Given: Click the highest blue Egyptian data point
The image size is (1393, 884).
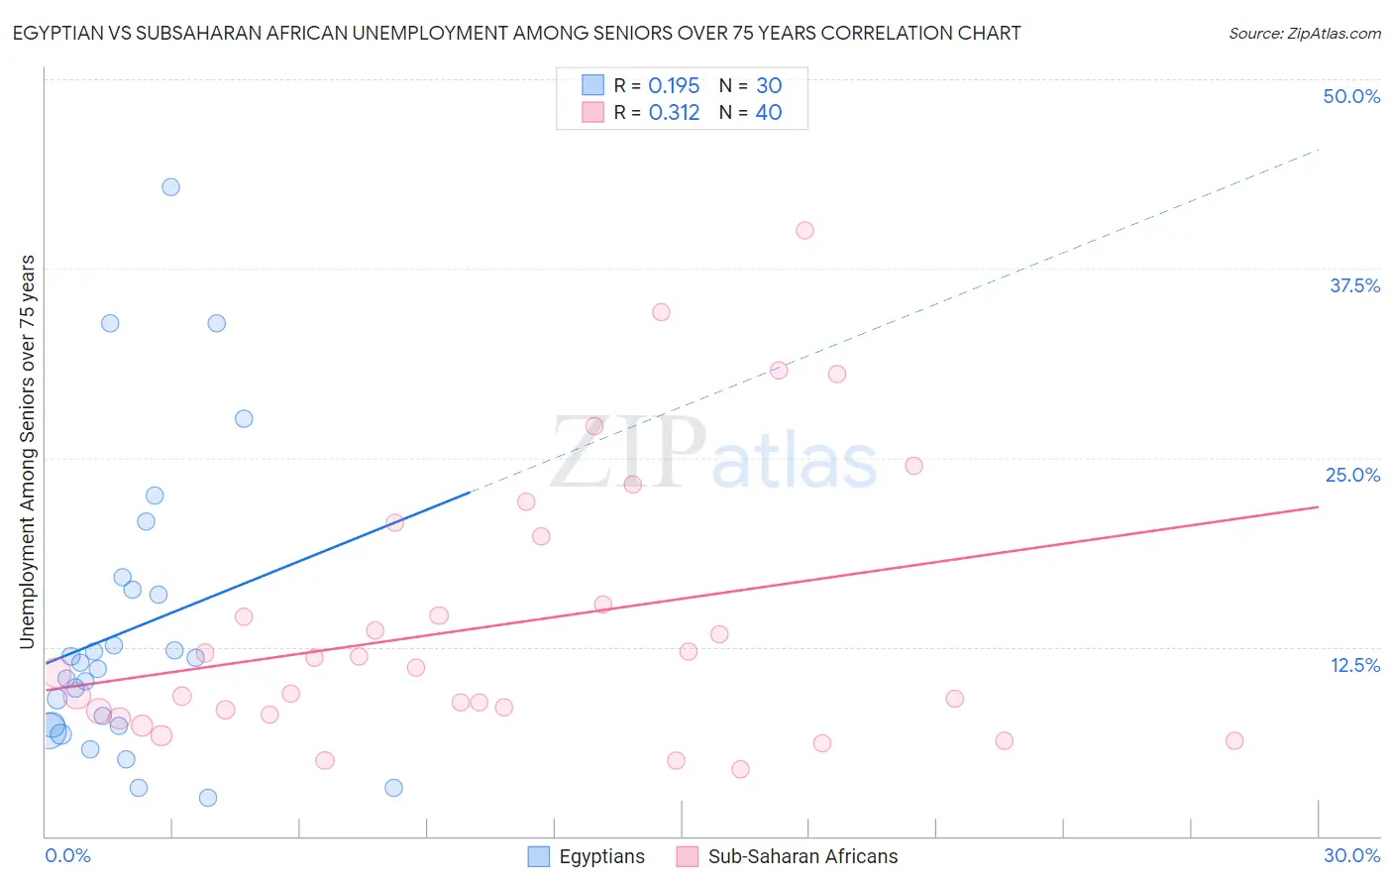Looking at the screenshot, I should (170, 187).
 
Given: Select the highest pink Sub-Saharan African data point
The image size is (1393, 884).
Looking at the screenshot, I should (804, 231).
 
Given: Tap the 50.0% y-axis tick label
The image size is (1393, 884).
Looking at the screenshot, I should (1351, 96).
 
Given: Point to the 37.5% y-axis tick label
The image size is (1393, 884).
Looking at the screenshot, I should (1354, 285).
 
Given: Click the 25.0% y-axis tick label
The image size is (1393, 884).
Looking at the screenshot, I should (1352, 475).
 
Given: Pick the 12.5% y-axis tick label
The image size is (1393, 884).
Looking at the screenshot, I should (1354, 665).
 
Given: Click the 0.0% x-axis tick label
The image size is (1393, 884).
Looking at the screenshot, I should (67, 855).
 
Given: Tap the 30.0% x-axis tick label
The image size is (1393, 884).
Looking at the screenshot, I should (1351, 855).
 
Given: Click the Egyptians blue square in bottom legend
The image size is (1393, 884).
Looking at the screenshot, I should (538, 856).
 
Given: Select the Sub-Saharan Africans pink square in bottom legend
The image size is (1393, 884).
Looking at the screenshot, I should (688, 856).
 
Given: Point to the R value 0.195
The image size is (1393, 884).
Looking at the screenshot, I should (674, 86).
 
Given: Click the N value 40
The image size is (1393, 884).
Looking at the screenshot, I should (769, 113).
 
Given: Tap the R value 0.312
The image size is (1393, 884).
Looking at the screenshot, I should (674, 113).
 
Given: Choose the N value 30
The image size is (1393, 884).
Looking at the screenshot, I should (769, 86).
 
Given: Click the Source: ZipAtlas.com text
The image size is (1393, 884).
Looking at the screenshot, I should (1304, 34).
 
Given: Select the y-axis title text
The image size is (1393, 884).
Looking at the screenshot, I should (28, 452).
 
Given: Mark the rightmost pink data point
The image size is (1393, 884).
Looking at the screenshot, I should (1233, 741).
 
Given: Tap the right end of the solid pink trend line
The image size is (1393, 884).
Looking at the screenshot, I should (1318, 506).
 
